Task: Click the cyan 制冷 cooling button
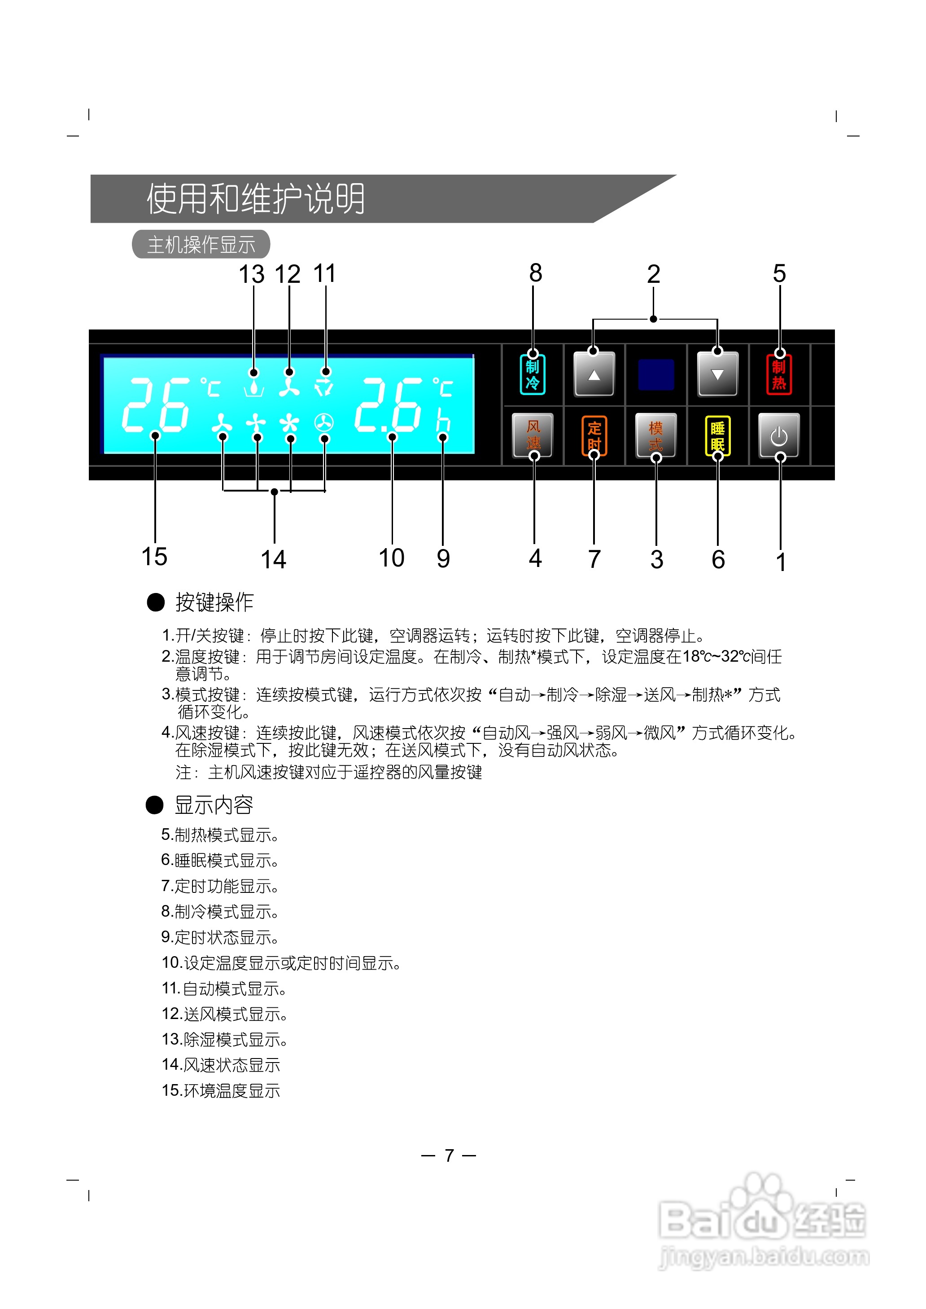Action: [x=533, y=375]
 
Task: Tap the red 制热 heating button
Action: [x=779, y=375]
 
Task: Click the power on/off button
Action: [x=779, y=436]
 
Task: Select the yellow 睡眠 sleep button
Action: [x=717, y=436]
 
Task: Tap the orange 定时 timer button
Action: [x=594, y=436]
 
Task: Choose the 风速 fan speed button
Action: [x=533, y=435]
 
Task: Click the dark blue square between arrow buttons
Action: [x=656, y=375]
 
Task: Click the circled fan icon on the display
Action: [x=324, y=423]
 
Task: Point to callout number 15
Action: [x=154, y=557]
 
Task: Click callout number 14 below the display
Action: [x=273, y=559]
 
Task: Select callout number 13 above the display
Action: [x=251, y=274]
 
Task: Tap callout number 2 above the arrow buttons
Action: [x=653, y=274]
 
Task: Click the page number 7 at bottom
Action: [x=449, y=1155]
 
